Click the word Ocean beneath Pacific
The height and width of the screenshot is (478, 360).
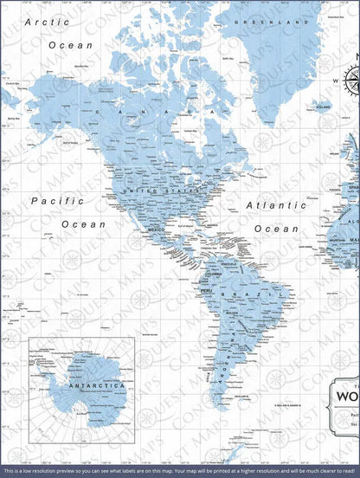point(84,223)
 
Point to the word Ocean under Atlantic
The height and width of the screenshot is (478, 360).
point(278,229)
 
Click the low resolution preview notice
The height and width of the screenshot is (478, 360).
point(179,470)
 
